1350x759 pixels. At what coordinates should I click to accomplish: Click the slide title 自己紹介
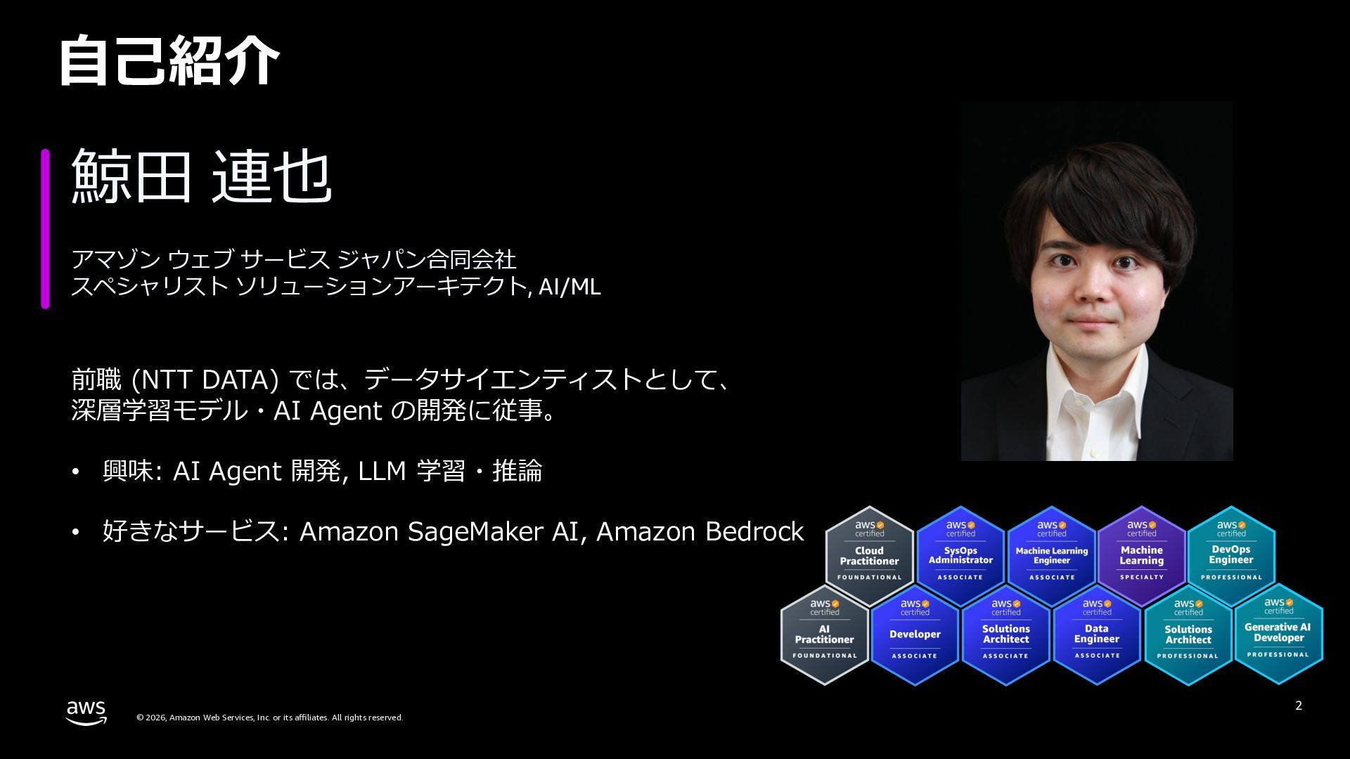[169, 61]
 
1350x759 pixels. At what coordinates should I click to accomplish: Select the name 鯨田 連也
[201, 176]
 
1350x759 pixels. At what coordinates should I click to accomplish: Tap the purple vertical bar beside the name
[45, 228]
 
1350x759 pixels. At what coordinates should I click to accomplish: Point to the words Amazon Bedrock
[700, 532]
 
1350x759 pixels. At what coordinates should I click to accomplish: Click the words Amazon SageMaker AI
[438, 532]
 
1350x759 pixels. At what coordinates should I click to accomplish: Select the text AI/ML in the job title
[570, 287]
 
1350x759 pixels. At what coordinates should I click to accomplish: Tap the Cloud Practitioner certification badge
[869, 556]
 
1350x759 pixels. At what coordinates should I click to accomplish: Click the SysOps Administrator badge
[960, 556]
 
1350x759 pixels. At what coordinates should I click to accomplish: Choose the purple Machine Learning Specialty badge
[1141, 556]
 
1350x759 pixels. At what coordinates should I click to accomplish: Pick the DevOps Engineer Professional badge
[1231, 556]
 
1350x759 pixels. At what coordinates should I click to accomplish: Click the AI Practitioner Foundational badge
[824, 635]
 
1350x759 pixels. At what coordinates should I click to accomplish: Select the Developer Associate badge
[915, 635]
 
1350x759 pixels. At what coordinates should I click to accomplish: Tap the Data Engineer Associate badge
[1096, 635]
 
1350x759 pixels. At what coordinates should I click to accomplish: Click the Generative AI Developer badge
[1278, 633]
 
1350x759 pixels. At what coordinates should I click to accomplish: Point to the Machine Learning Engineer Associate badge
[1051, 556]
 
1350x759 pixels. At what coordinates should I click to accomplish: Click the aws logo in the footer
[86, 712]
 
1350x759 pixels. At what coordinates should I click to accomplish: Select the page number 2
[1299, 706]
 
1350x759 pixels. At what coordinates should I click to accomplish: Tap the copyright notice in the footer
[269, 718]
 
